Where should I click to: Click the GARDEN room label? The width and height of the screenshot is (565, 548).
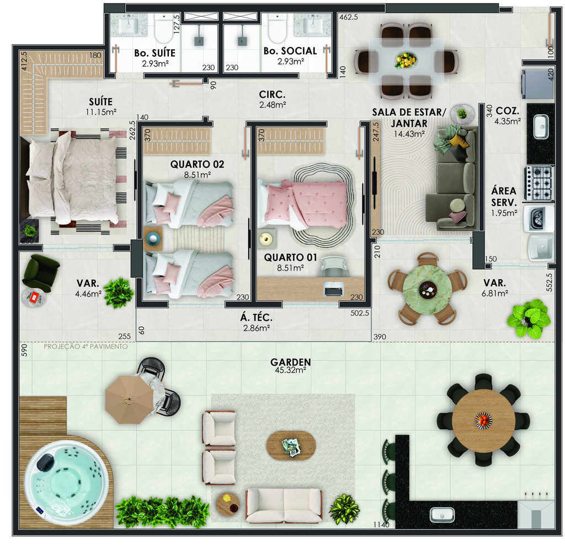click(x=290, y=361)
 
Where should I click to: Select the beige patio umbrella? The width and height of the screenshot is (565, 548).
click(x=129, y=400)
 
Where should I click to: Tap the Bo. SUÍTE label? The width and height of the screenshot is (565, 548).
click(x=155, y=53)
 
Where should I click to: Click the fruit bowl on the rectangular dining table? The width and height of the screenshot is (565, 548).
click(x=406, y=60)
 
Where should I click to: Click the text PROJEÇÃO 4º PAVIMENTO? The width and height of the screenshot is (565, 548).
click(x=86, y=346)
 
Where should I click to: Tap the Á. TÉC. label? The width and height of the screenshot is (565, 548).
click(x=256, y=317)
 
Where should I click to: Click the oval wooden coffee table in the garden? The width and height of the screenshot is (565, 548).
click(x=291, y=446)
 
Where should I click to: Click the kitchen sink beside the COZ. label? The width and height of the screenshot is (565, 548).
click(x=541, y=126)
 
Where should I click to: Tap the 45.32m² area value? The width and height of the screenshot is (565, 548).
click(x=290, y=370)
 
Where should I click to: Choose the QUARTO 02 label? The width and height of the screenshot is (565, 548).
click(x=197, y=164)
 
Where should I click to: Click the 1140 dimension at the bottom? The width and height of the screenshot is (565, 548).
click(x=381, y=525)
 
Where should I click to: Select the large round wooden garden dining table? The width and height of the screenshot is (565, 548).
click(x=483, y=420)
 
